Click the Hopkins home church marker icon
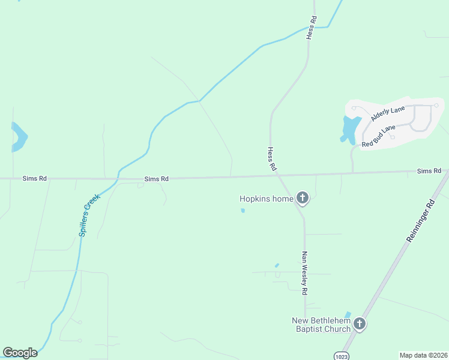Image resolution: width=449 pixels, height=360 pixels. click(303, 198)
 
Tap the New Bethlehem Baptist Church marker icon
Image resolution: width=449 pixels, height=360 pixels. click(360, 324)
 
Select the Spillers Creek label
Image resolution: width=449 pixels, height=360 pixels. click(89, 214)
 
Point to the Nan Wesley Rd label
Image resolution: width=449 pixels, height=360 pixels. click(304, 272)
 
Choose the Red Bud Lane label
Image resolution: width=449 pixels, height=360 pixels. click(378, 136)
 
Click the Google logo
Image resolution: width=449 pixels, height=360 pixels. click(20, 353)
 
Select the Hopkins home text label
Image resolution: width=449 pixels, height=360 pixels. click(266, 199)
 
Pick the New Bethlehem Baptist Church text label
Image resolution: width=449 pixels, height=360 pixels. click(321, 325)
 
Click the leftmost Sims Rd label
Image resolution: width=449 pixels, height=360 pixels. click(34, 178)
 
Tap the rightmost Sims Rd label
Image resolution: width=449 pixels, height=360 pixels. click(429, 172)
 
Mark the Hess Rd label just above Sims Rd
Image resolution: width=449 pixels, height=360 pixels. click(271, 158)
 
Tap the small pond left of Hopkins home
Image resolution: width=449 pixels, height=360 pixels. click(243, 211)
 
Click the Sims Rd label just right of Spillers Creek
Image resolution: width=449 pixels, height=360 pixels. click(156, 179)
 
